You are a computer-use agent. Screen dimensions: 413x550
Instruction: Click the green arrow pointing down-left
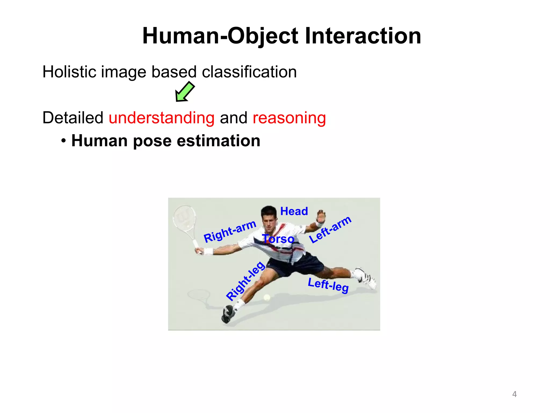pos(185,92)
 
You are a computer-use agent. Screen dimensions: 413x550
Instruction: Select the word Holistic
pos(69,72)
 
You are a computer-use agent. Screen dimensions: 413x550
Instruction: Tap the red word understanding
pos(161,118)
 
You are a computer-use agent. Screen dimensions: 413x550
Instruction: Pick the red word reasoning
pos(289,118)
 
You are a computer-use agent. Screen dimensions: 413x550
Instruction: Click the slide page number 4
pos(514,394)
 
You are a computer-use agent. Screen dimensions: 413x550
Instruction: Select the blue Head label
pos(294,211)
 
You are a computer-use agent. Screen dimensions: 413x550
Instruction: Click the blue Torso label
pos(278,239)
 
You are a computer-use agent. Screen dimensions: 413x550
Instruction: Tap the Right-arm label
pos(230,232)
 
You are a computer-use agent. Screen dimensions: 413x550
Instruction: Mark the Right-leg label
pos(245,281)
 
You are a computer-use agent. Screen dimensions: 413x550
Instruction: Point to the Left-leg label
pos(328,285)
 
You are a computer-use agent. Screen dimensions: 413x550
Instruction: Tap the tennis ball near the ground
pos(267,297)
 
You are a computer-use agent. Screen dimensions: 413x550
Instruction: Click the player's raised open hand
pos(321,215)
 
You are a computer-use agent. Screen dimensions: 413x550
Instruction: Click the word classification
pos(249,72)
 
